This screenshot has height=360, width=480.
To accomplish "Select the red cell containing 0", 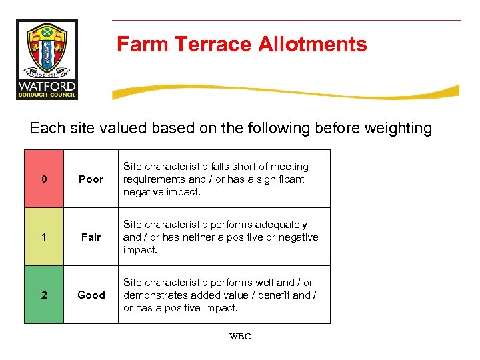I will point(44,179).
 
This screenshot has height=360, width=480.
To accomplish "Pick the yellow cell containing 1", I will point(44,237).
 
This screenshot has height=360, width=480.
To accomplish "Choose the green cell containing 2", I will point(44,295).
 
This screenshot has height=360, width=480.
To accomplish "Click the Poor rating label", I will point(91,179).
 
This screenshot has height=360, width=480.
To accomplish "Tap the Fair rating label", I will point(91,237).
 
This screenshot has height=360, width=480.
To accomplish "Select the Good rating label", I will point(91,295).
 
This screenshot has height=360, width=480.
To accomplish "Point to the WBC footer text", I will point(240,337).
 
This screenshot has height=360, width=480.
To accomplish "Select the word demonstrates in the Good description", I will point(155,295).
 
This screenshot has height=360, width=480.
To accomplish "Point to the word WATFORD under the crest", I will point(47,87).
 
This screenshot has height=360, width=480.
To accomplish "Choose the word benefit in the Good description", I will point(281,295).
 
